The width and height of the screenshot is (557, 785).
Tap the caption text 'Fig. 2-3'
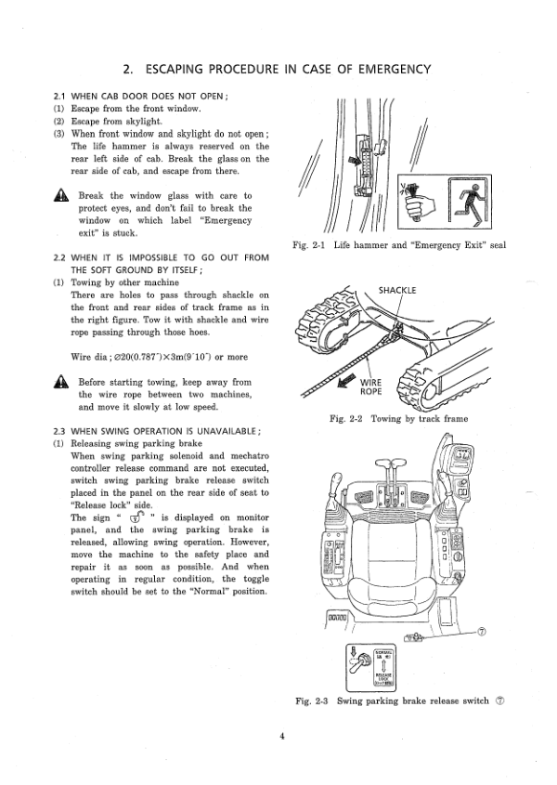point(311,700)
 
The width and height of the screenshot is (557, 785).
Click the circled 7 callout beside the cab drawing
point(481,632)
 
